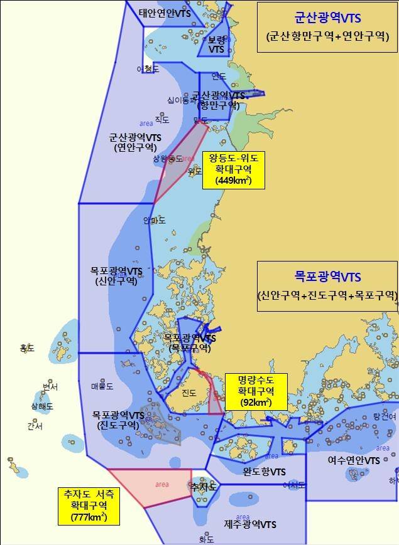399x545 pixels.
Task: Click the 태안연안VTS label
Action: click(165, 13)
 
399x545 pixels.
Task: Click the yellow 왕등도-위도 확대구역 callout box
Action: click(233, 169)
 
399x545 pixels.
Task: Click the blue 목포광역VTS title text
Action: click(327, 276)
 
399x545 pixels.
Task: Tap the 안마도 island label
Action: click(155, 220)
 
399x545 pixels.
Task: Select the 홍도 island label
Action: click(27, 348)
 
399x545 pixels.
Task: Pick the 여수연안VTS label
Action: click(354, 460)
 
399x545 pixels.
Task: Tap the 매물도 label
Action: click(102, 386)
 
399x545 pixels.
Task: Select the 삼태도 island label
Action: click(42, 406)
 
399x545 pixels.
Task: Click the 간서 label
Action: click(35, 426)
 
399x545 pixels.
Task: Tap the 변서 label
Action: click(50, 387)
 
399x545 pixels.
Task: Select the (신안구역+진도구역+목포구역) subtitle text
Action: click(327, 295)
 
